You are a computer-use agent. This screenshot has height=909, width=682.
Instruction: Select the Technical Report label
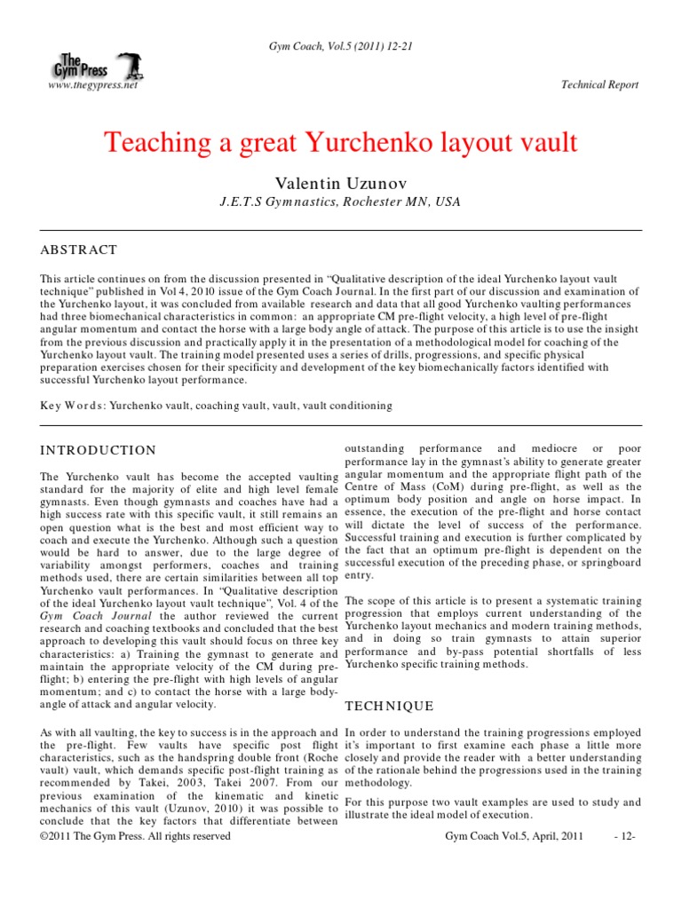pyautogui.click(x=599, y=85)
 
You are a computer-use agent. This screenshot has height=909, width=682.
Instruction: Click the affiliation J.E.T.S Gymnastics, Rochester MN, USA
pyautogui.click(x=341, y=202)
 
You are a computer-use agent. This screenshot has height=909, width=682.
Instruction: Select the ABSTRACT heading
pyautogui.click(x=79, y=250)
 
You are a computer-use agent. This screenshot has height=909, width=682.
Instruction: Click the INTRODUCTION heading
pyautogui.click(x=99, y=450)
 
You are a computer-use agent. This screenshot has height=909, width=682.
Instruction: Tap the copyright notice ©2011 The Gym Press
pyautogui.click(x=136, y=837)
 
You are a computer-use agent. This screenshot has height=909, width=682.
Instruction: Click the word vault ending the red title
pyautogui.click(x=548, y=142)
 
